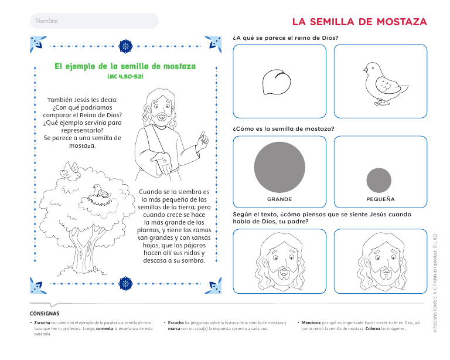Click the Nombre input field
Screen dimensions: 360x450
click(94, 21)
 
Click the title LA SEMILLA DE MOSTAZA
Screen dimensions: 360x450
click(359, 22)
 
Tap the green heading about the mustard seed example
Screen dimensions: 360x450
click(125, 66)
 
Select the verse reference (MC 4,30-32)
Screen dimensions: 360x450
click(125, 77)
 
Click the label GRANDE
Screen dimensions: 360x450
click(279, 199)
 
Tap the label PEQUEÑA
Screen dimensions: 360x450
click(380, 199)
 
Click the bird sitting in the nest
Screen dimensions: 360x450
click(101, 191)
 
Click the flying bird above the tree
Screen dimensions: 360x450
click(71, 171)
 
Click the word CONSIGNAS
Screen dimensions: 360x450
click(45, 313)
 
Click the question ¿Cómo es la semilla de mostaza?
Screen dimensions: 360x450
click(284, 128)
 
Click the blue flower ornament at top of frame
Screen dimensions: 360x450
click(125, 46)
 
